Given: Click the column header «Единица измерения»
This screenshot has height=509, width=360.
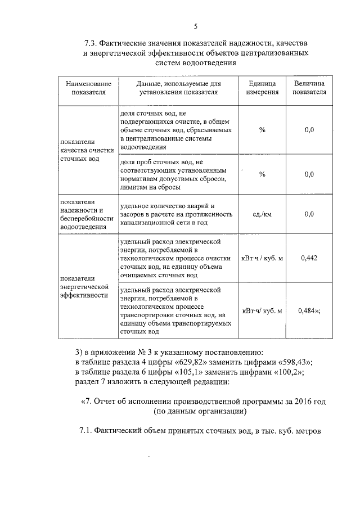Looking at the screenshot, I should [x=262, y=88].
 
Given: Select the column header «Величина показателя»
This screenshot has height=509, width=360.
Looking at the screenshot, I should [x=309, y=88].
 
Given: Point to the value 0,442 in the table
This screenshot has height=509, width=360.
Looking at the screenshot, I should [x=309, y=258].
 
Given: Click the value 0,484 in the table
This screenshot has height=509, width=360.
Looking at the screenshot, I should [x=309, y=310].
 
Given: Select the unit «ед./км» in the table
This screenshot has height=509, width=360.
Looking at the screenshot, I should [x=262, y=214].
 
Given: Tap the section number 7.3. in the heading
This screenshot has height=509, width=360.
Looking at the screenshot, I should [x=91, y=43].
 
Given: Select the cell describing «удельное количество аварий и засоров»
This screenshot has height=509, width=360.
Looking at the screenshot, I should [x=176, y=214].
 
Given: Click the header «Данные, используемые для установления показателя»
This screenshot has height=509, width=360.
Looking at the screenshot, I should [x=176, y=88].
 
